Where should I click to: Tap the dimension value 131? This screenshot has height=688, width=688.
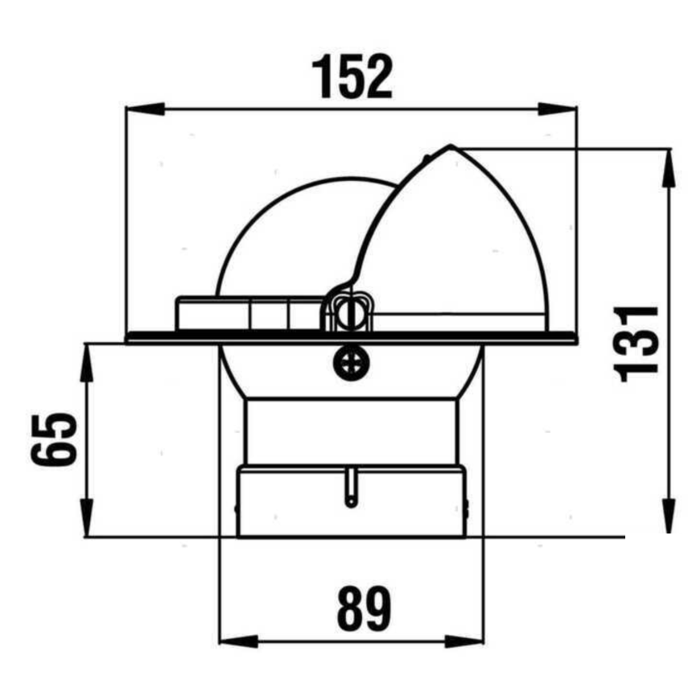point(637,342)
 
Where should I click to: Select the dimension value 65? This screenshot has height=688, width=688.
point(54,439)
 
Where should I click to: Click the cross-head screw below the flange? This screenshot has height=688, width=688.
point(350,363)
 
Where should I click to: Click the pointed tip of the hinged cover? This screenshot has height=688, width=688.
point(451,147)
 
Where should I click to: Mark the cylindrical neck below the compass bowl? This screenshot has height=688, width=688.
point(351,431)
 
